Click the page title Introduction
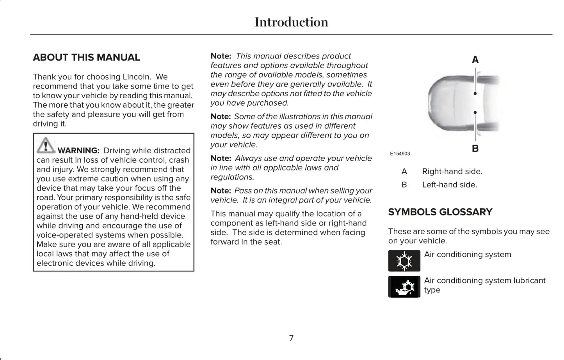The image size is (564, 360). click(x=291, y=22)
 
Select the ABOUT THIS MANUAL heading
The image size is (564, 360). click(x=86, y=57)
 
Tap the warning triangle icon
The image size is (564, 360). click(x=46, y=145)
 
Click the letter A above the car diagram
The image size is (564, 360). click(x=475, y=60)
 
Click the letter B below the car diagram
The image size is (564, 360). click(x=475, y=149)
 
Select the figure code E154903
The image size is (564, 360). click(x=400, y=154)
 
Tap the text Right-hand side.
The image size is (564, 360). click(x=452, y=172)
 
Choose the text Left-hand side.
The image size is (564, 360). click(x=449, y=185)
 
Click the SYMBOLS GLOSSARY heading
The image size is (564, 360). click(x=440, y=212)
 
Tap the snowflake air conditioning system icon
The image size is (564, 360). click(x=404, y=261)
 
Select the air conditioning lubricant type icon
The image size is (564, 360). click(x=404, y=287)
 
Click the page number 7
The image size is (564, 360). click(x=291, y=338)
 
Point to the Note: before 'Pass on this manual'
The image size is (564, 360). click(x=221, y=191)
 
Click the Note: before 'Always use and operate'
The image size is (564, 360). click(x=221, y=158)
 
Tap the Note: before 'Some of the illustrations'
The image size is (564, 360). click(x=221, y=117)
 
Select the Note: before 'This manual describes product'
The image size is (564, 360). click(x=221, y=56)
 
